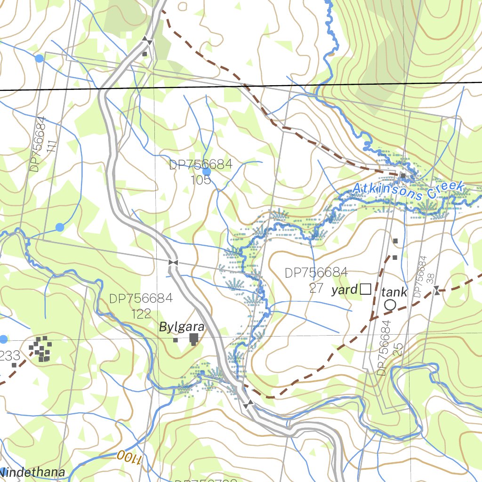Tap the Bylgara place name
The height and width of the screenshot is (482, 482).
coord(181,327)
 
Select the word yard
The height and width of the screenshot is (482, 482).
coord(345,289)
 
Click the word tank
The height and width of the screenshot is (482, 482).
coord(394,291)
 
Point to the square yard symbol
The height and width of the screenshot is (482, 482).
coord(365,289)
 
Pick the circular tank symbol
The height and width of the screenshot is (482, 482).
coord(390,305)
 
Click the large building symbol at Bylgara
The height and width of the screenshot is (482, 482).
coord(193,338)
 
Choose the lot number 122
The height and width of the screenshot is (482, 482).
coord(142,314)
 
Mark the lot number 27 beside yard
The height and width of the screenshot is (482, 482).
coord(316,288)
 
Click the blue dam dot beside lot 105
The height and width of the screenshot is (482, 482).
coord(207,171)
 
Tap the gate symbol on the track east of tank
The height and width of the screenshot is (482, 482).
coord(437,290)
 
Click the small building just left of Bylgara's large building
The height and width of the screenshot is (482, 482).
coord(175,340)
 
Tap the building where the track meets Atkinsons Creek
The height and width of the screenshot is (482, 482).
coord(403,176)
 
